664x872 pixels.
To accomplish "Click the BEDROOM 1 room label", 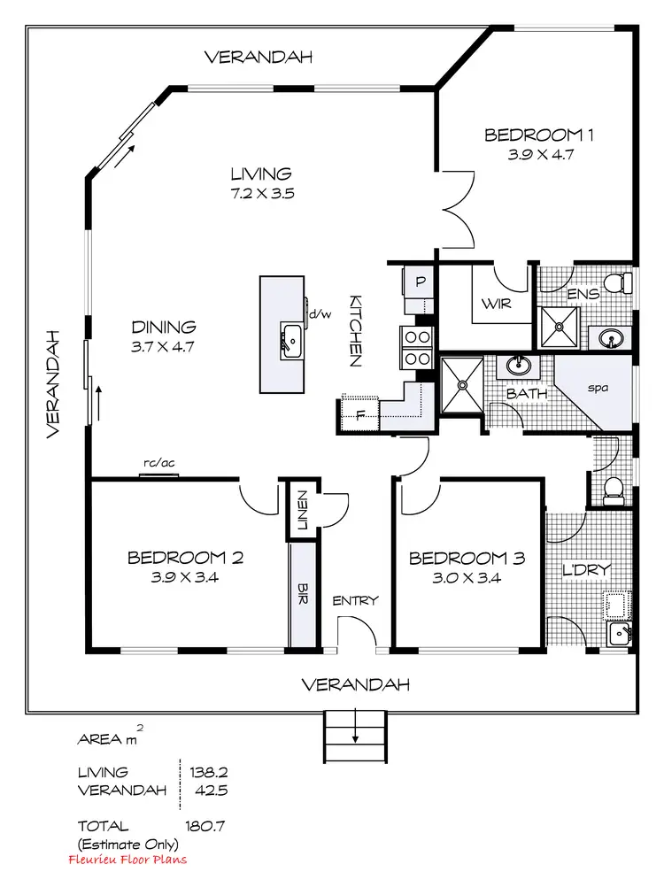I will click(538, 135).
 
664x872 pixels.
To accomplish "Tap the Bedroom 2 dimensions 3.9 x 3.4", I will click(186, 578).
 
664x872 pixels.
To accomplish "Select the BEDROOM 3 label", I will click(467, 559).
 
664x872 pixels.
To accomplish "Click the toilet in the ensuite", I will click(624, 283).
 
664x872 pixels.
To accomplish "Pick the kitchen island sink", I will click(290, 339).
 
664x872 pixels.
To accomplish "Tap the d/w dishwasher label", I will click(319, 313).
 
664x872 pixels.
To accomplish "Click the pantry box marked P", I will click(420, 283).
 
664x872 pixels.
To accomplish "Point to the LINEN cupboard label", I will click(302, 510).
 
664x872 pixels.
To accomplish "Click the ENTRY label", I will click(356, 601).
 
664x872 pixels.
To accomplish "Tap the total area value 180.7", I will click(205, 826).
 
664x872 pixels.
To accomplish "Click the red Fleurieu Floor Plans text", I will click(127, 859).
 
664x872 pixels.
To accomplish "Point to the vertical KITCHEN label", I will click(355, 330).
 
